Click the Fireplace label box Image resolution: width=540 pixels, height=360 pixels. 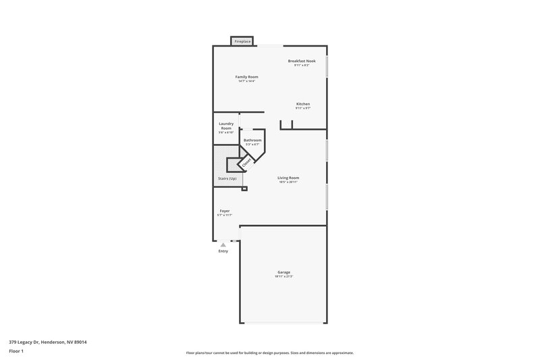pos(242,42)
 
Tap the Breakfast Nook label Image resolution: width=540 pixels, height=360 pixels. pos(302,61)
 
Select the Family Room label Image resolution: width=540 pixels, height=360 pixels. pos(246,77)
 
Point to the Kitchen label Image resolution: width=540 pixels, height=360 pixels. pos(303,104)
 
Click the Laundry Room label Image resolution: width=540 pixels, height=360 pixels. pos(225,126)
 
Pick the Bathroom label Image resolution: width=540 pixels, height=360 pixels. pos(252,140)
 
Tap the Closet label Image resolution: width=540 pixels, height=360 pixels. pos(246,162)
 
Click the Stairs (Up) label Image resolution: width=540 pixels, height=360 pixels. pos(227,178)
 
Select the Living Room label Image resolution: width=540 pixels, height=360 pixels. pos(288,178)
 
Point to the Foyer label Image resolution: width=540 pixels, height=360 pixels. pos(225,211)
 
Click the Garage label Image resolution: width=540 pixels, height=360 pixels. pos(283,272)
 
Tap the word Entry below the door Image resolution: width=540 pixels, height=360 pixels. pos(223,251)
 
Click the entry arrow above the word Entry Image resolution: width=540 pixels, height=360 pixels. pos(223,244)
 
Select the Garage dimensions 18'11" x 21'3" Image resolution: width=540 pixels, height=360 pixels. pos(283,277)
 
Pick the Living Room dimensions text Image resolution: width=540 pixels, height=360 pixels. pos(288,182)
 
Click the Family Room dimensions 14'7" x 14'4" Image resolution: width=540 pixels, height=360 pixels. pos(246,82)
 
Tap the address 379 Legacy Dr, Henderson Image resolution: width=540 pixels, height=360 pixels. pos(47,342)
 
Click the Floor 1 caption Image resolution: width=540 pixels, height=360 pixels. pos(16,352)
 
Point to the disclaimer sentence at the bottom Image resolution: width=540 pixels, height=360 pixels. pos(269,353)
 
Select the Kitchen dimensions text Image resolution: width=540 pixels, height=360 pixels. pos(303,108)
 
